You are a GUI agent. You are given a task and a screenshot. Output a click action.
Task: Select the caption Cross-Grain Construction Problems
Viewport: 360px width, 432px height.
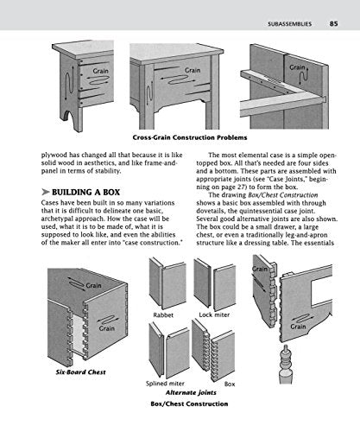tap(180, 137)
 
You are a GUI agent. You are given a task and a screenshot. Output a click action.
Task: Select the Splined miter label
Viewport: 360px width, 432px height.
tap(161, 383)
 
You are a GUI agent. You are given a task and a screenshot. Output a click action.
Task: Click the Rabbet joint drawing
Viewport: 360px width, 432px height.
tap(164, 284)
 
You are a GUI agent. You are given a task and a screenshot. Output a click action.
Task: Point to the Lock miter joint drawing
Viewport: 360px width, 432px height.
tap(215, 284)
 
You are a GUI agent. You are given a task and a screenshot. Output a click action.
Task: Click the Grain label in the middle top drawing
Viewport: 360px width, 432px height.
tap(192, 70)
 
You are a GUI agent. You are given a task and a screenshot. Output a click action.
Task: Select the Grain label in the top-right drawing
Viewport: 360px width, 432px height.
tap(297, 67)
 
